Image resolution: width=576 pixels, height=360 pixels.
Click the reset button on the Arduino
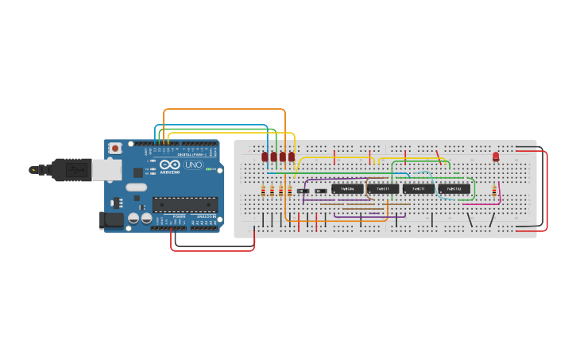point(115,148)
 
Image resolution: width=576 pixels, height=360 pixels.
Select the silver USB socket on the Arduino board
point(106,169)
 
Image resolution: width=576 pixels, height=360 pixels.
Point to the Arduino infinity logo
point(169,165)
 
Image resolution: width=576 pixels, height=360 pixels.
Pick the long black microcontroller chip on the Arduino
point(184,204)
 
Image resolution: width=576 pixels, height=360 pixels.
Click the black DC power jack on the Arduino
point(112,219)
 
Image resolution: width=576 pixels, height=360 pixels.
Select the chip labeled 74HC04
point(347,189)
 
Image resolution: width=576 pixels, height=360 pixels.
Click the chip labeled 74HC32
point(454,189)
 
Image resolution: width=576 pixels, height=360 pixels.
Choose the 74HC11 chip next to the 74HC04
point(382,189)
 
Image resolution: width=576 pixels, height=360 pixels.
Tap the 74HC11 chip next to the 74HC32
point(418,189)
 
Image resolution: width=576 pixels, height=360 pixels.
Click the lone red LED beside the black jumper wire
point(496,157)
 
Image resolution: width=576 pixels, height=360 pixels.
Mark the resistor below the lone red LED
point(494,191)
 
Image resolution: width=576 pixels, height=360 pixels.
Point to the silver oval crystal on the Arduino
point(137,188)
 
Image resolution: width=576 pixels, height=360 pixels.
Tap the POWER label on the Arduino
point(179,216)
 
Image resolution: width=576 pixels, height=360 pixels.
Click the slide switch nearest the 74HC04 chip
point(320,191)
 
